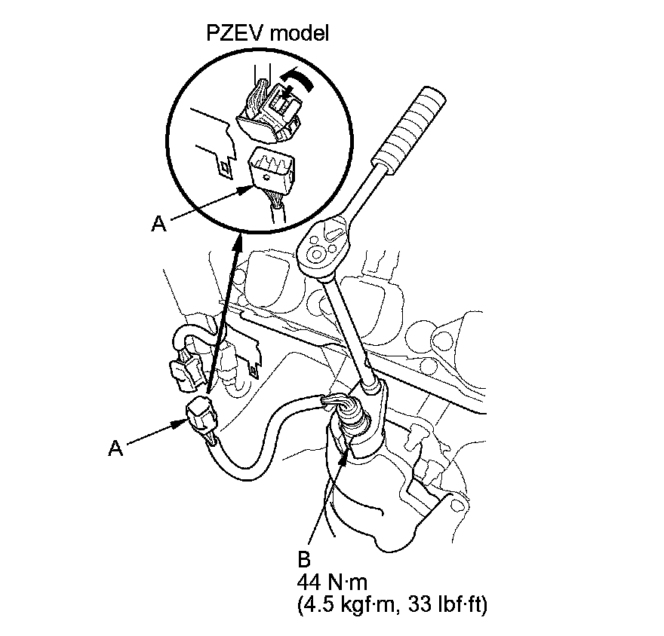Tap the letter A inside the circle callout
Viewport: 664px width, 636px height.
(158, 224)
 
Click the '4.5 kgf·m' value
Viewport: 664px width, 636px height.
(351, 604)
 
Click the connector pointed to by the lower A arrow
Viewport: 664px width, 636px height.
(200, 414)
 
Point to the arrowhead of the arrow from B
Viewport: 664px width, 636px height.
(345, 450)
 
